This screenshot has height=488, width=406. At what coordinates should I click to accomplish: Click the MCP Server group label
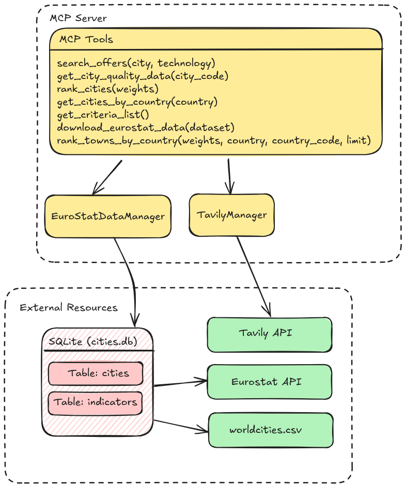[78, 18]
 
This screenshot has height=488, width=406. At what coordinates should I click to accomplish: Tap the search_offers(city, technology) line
[136, 63]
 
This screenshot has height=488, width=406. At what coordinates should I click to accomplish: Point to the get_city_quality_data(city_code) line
[143, 76]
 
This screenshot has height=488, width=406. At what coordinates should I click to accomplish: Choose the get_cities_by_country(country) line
[137, 102]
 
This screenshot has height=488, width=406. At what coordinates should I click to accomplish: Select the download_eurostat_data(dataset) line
[146, 127]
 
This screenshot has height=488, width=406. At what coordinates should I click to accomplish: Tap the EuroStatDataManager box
[108, 216]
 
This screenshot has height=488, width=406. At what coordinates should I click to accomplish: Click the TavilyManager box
[232, 215]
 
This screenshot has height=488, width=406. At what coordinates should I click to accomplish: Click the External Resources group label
[69, 308]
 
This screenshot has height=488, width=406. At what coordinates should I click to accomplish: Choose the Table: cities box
[96, 373]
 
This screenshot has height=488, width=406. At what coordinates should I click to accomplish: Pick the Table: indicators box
[96, 402]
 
